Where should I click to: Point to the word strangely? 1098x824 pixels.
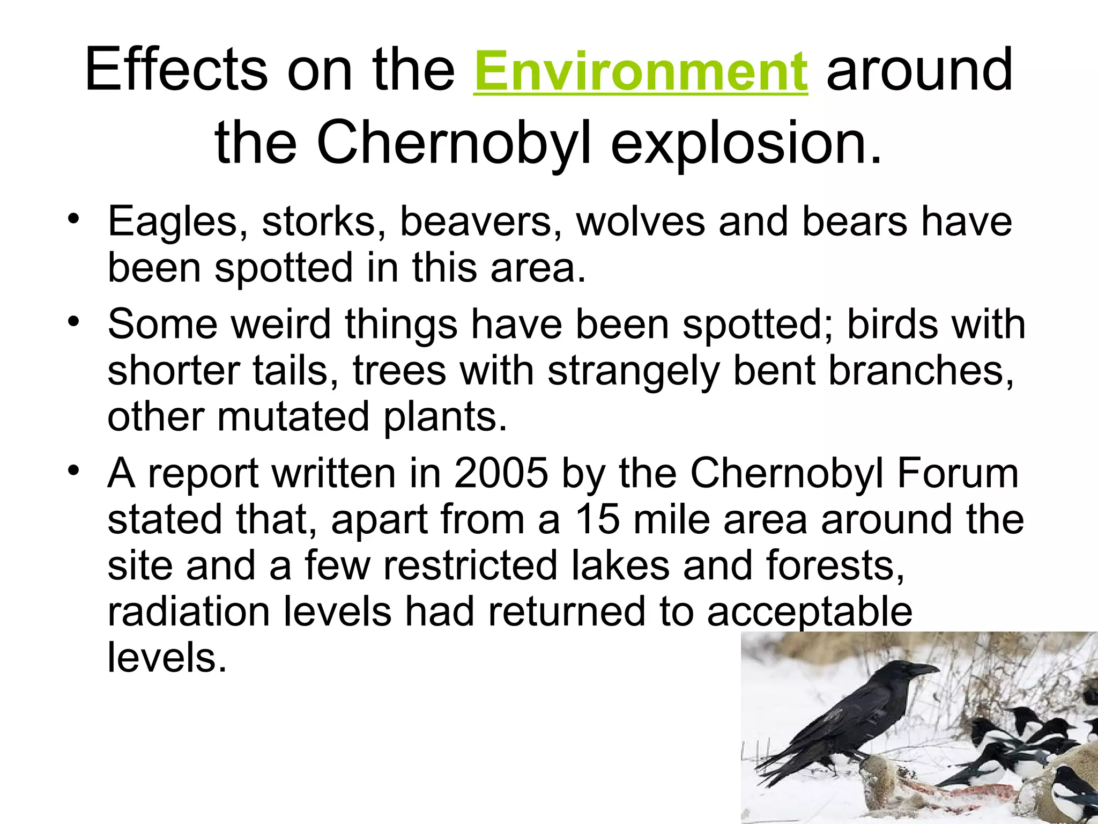click(633, 371)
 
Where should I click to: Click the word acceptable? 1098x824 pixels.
click(810, 612)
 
